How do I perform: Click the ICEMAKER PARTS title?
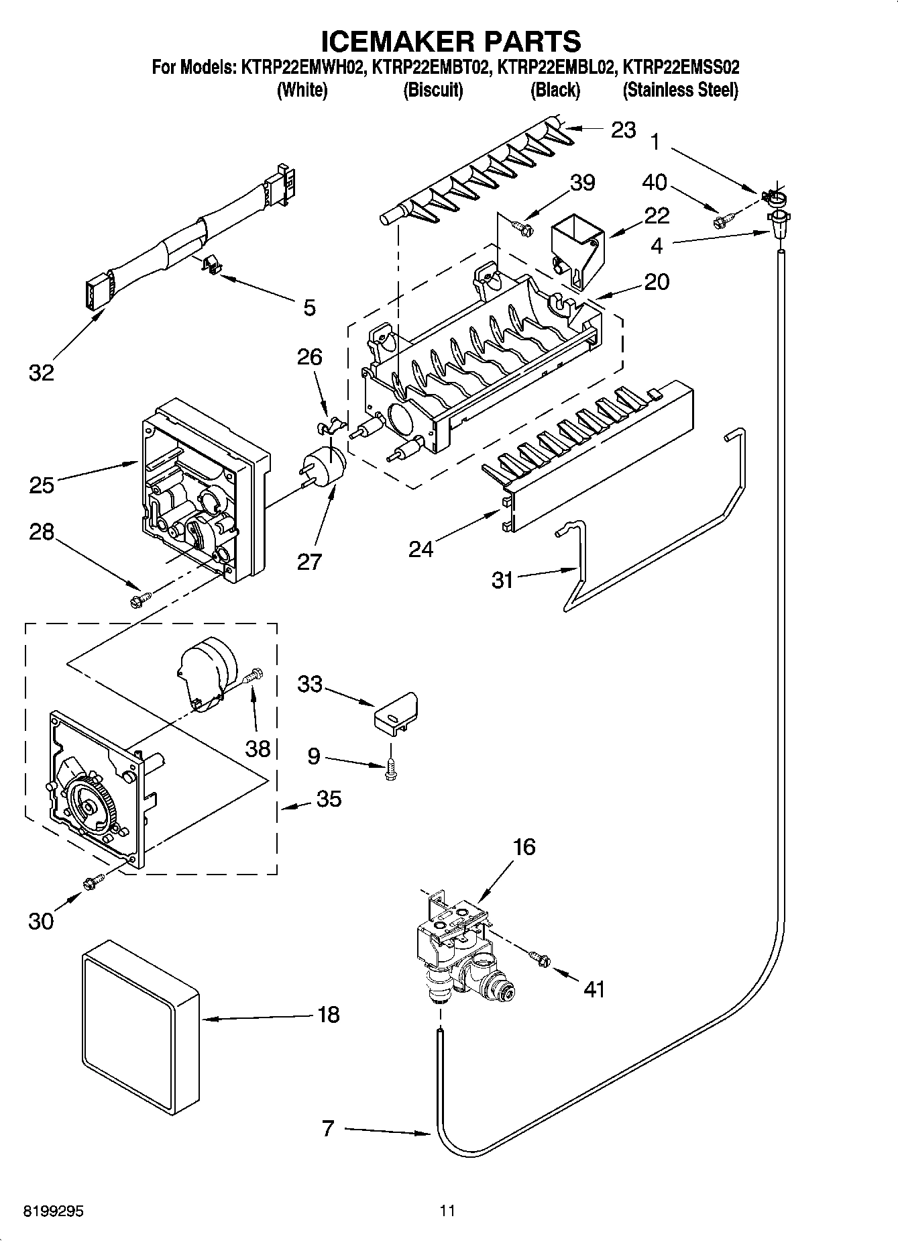click(x=451, y=42)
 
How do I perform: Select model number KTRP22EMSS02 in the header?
click(x=681, y=67)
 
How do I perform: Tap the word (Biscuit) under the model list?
click(x=433, y=90)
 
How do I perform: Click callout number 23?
click(x=623, y=130)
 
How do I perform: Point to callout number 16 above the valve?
click(x=524, y=847)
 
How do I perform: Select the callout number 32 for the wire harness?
click(x=41, y=373)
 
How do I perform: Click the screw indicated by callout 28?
click(x=140, y=597)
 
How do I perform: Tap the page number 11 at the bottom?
click(x=447, y=1211)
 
